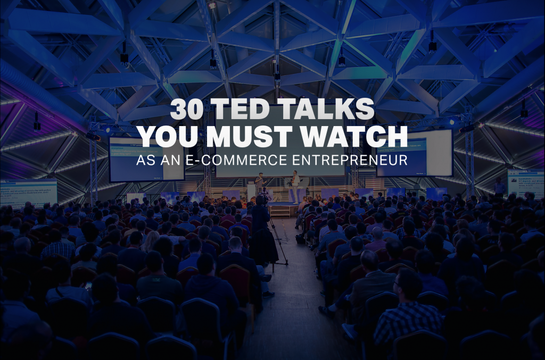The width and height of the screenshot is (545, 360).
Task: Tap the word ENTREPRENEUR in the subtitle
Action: [351, 160]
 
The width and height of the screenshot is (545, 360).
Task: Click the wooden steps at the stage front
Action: [280, 211]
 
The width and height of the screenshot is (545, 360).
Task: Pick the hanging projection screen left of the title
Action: [146, 159]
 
